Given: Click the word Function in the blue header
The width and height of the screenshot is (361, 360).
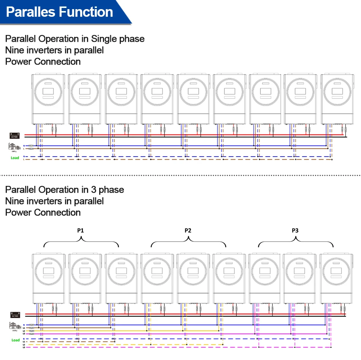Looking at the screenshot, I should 88,12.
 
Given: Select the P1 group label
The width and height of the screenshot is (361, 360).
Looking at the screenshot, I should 81,230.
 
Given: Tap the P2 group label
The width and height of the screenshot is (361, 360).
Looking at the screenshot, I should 188,230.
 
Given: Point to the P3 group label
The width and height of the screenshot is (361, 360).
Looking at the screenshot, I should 295,230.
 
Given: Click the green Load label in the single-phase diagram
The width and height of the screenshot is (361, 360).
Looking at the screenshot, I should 15,158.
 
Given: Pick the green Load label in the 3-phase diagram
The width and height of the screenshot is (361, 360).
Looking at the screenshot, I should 16,340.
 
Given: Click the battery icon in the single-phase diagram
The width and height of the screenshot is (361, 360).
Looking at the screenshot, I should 15,135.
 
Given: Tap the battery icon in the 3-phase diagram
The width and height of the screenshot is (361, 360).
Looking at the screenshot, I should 15,315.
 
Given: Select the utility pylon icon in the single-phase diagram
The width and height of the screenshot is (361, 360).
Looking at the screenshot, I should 14,146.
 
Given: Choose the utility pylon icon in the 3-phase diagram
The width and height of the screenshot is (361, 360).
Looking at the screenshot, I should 14,325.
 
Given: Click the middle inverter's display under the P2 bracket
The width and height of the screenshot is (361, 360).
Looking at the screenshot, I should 193,272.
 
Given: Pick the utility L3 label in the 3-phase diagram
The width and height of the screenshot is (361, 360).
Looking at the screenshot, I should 24,334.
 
